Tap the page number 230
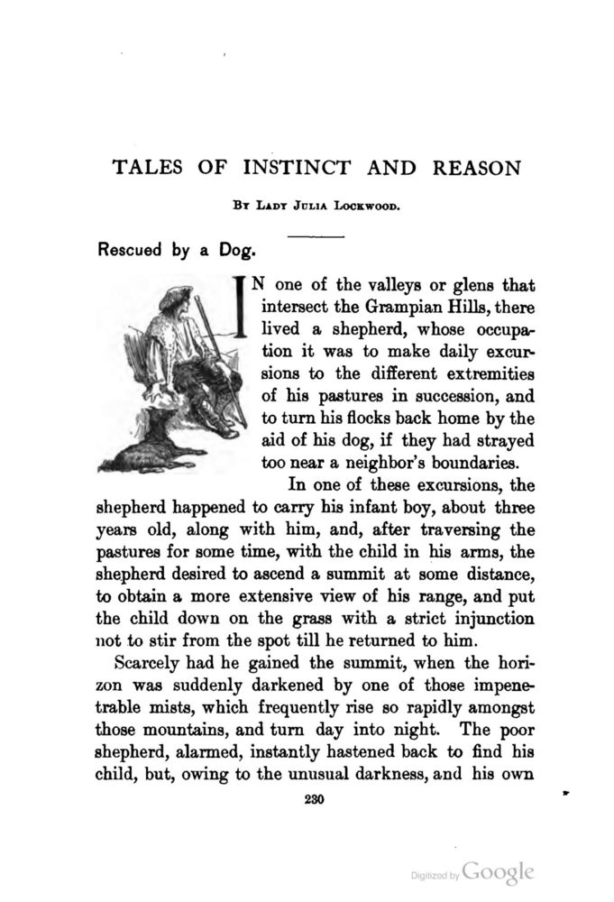click(314, 798)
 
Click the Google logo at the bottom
click(499, 872)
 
